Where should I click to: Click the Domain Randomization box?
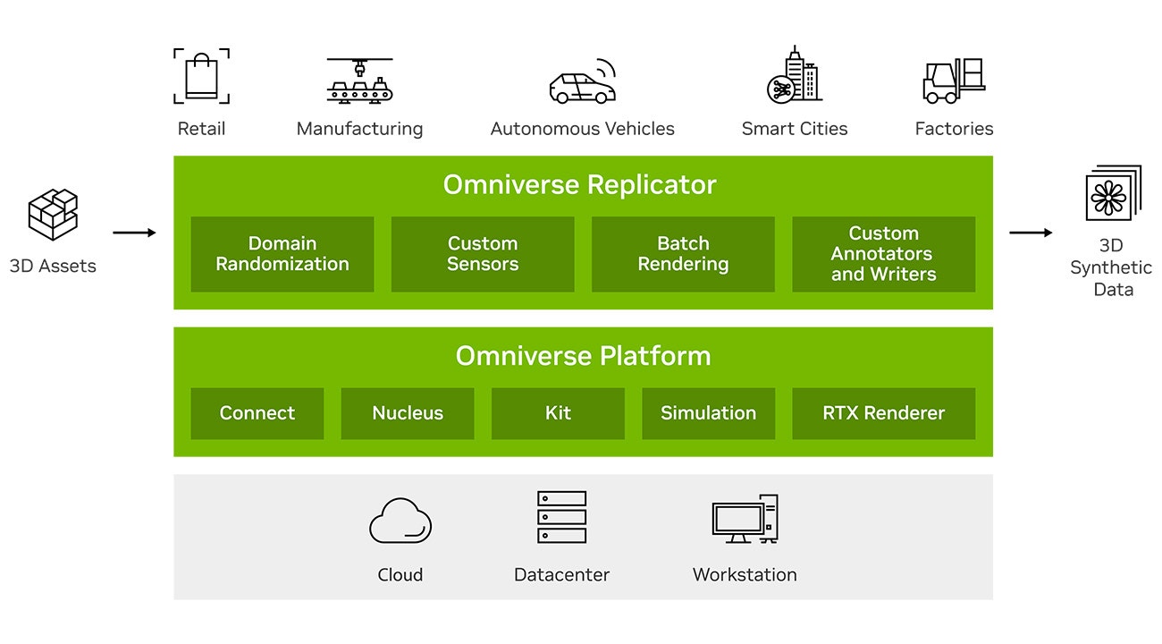point(282,254)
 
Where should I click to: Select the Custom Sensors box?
point(483,254)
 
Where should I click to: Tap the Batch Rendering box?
point(683,254)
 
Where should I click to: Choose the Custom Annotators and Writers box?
point(883,254)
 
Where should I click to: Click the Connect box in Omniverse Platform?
point(257,413)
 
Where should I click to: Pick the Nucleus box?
point(408,413)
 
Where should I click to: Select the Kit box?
point(558,413)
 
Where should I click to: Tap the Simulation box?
point(708,413)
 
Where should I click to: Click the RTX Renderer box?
point(883,413)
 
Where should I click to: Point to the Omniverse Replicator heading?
point(580,185)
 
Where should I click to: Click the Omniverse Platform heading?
point(583,356)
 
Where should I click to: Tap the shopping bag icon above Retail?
point(201,76)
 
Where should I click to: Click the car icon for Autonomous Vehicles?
point(581,82)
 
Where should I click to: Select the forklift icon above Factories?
point(953,80)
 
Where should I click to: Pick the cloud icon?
point(400,521)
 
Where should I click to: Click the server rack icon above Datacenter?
point(561,517)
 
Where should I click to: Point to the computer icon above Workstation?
point(745,519)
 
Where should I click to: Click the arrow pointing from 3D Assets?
point(134,233)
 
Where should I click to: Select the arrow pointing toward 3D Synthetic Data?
point(1031,233)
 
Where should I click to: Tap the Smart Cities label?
point(795,129)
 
